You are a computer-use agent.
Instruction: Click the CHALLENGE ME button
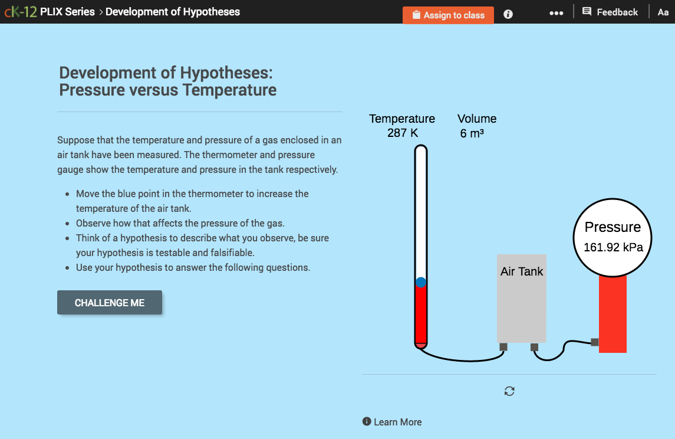click(x=110, y=303)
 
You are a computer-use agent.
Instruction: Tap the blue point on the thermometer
click(x=421, y=283)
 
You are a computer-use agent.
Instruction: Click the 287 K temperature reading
click(x=403, y=133)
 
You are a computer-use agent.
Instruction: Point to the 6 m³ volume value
click(x=472, y=134)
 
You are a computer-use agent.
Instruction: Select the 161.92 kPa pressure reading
click(x=613, y=247)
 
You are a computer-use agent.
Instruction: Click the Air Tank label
click(x=522, y=272)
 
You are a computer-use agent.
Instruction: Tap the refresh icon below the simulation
click(x=509, y=391)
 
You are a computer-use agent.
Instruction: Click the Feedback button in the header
click(x=610, y=12)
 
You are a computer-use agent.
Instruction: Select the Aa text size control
click(x=663, y=12)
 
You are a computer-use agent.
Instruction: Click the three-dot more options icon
click(x=556, y=13)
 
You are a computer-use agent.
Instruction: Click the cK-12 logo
click(x=21, y=12)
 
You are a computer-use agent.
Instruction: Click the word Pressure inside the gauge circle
click(x=613, y=227)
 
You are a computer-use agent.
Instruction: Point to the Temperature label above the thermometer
click(x=402, y=119)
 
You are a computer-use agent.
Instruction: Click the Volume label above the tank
click(x=477, y=119)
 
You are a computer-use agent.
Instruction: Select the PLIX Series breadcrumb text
click(x=67, y=12)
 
